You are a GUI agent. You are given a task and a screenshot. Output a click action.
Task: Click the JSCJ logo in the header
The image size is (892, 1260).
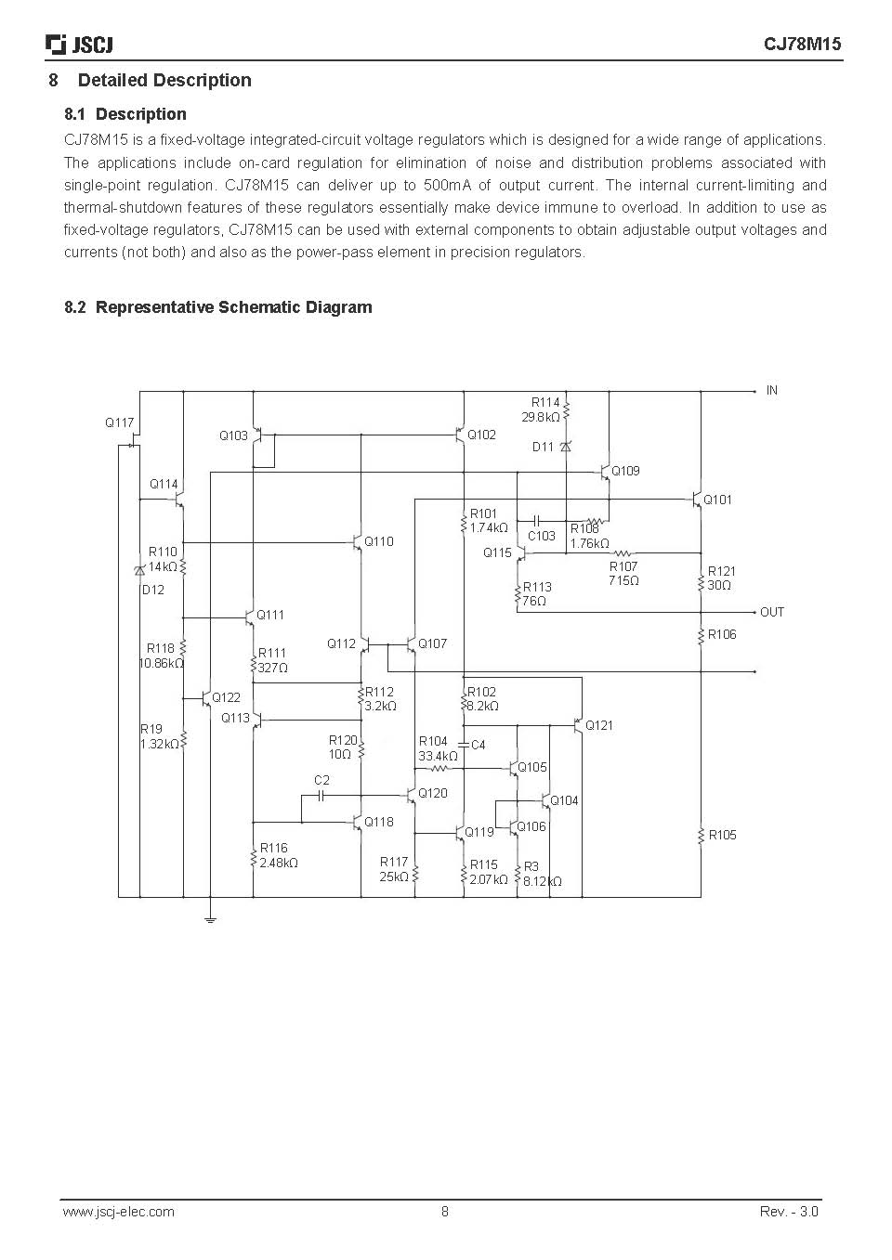coord(79,45)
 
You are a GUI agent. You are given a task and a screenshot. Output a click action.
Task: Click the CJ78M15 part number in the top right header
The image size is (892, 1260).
coord(802,44)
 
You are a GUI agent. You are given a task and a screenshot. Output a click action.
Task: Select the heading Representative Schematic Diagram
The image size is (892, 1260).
coord(233,307)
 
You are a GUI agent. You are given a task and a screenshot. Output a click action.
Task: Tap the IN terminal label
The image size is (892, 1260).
coord(771,390)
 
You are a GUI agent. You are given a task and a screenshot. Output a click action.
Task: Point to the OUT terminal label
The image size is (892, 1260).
coord(771,612)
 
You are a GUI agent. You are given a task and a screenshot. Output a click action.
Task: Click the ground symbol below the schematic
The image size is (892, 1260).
coord(211,920)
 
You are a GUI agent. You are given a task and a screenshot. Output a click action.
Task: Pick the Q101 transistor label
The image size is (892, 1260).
coord(717,500)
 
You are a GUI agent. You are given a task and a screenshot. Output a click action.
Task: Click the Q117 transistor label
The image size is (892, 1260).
coord(119,422)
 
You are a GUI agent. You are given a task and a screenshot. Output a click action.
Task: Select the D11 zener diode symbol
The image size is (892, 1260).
coord(566,447)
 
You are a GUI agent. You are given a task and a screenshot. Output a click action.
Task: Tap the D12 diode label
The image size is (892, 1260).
coord(153,590)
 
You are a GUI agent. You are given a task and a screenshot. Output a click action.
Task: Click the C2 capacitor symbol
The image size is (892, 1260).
coord(321,796)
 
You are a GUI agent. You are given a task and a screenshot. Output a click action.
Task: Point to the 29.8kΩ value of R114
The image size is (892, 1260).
coord(540,417)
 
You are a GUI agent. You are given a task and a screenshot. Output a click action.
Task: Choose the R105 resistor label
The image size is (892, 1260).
coord(723,835)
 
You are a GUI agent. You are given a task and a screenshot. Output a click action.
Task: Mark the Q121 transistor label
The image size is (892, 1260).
coord(598,725)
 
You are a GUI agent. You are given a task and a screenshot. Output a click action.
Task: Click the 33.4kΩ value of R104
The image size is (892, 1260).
coord(438,756)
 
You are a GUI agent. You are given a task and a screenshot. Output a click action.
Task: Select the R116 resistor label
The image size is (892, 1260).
coord(273,848)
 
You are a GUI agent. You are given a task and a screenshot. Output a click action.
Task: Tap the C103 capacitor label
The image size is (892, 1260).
coord(542,536)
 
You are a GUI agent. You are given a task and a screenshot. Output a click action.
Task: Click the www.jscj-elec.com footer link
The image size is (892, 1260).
coord(118,1211)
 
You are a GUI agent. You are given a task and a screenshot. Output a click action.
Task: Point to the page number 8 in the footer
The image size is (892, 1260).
coord(444,1211)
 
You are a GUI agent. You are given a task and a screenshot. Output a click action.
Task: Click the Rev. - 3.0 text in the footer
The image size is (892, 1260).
coord(789,1211)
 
